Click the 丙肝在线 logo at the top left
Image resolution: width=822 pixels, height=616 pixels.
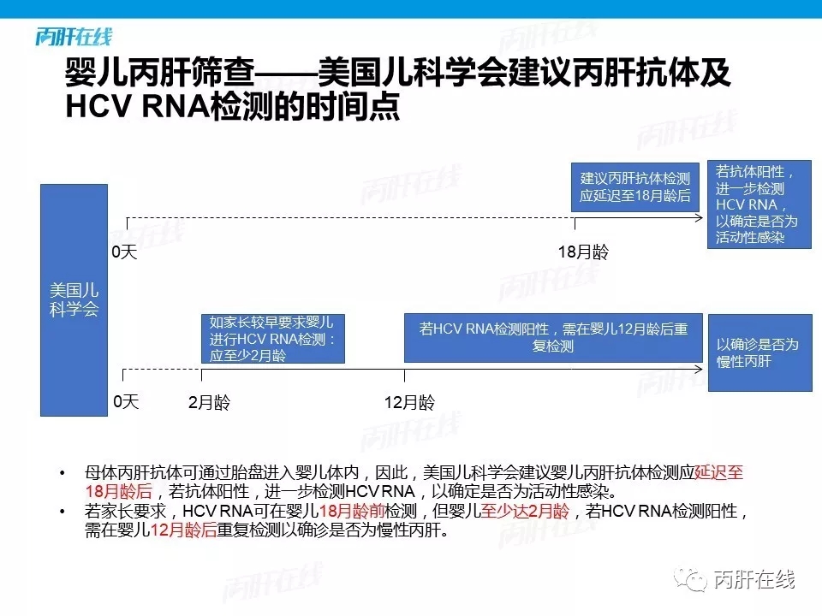[74, 37]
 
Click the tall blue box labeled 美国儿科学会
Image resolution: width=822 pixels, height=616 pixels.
[74, 300]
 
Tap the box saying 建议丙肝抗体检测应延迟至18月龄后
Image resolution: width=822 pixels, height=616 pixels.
[634, 187]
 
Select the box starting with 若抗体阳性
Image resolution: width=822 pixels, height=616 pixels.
[759, 204]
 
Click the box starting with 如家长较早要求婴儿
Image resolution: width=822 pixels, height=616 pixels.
[273, 339]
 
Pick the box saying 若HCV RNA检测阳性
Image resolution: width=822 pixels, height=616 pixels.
[553, 338]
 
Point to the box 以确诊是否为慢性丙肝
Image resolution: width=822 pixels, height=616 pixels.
[760, 352]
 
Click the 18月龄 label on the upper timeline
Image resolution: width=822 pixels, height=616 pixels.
[583, 252]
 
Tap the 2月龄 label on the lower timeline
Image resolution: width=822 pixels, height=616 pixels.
[209, 402]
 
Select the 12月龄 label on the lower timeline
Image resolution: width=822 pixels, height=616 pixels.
[409, 402]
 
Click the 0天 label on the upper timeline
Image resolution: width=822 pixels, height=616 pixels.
[124, 252]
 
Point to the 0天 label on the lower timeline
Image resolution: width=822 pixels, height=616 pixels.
[127, 402]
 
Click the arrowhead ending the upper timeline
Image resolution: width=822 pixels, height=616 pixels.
[700, 217]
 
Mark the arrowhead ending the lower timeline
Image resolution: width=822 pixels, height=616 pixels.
[700, 370]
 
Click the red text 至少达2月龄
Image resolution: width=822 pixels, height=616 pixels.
[525, 511]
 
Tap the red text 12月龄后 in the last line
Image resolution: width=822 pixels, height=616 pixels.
[183, 530]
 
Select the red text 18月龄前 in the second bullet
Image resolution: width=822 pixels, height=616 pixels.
[352, 511]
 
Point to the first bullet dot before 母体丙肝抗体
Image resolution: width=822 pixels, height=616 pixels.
[63, 473]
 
